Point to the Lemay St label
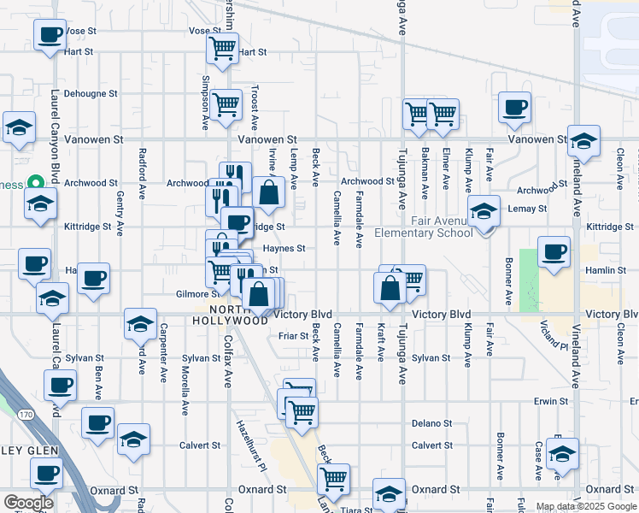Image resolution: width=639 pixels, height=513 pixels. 529,209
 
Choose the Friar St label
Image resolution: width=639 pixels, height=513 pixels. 293,336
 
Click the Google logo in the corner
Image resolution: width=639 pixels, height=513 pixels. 28,502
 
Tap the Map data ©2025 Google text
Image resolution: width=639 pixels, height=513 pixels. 586,506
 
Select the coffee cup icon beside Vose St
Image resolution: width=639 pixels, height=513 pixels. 50,36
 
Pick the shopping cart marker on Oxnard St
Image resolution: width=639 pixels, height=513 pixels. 332,478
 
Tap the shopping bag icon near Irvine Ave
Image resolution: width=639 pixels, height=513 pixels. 268,192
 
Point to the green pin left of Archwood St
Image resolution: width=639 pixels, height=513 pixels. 35,183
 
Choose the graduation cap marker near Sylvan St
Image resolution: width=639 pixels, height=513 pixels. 140,323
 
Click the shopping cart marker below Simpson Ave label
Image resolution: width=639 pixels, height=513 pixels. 226,104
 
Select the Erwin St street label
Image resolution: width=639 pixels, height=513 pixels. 551,401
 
